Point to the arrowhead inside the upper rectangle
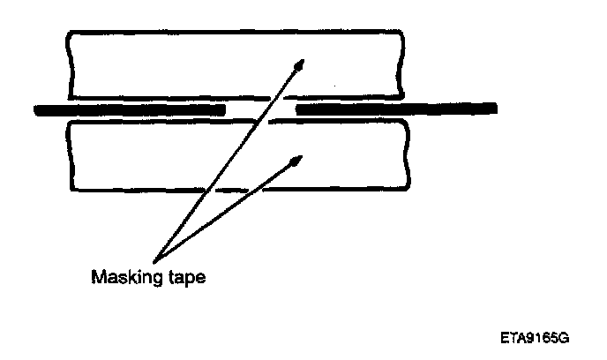point(302,64)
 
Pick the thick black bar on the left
point(129,109)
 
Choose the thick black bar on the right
point(395,109)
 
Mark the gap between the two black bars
point(260,109)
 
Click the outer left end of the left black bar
point(34,109)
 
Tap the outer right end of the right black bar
point(493,109)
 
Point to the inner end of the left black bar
point(224,109)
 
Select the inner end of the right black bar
point(297,109)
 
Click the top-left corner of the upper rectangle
point(69,34)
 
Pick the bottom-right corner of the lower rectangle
point(408,189)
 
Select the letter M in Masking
point(98,278)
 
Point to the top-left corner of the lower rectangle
point(69,124)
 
